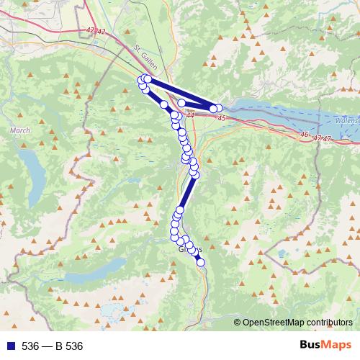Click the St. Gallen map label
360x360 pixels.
146,48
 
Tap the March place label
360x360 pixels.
19,130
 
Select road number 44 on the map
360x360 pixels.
189,114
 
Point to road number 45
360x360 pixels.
220,118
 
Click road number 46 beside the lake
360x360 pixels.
305,134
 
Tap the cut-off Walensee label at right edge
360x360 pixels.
346,120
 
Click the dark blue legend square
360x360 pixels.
8,346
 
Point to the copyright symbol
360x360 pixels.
238,322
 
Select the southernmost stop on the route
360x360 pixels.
201,262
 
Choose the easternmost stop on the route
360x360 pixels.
219,107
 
